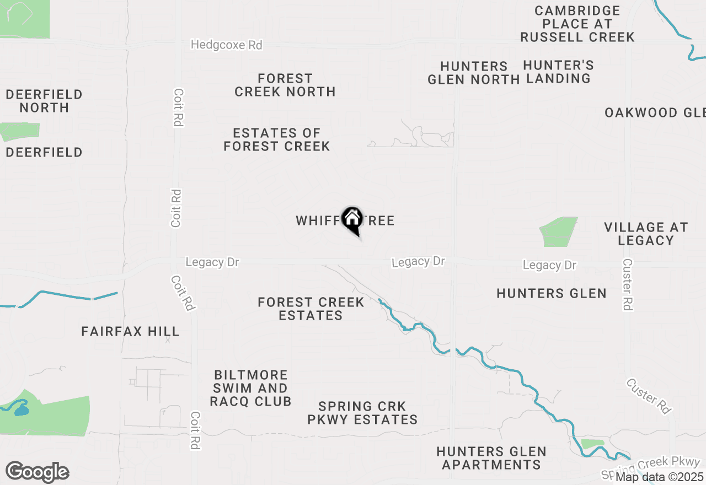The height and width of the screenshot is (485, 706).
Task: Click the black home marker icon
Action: point(352,219)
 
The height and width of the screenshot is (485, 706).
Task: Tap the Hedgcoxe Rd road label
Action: point(226,45)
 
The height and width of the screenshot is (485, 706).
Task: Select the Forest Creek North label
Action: point(285,85)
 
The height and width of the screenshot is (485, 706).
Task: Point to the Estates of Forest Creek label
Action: point(276,139)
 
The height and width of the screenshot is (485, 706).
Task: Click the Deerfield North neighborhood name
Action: point(44,101)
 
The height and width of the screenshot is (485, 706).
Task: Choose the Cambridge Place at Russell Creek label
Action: point(577,24)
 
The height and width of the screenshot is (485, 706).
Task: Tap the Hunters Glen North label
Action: point(474,73)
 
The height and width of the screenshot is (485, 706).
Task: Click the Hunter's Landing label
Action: point(558,72)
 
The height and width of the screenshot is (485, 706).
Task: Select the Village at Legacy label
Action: point(646,234)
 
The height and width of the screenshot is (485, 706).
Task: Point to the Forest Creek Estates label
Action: point(311,309)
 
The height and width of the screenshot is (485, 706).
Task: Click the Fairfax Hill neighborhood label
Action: point(130,331)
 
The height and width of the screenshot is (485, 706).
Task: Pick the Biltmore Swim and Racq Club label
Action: point(250,388)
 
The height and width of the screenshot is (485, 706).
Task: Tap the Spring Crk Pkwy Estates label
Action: point(362,413)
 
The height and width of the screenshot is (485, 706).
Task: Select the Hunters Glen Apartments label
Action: point(491,458)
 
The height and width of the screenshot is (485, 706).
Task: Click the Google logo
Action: point(37,472)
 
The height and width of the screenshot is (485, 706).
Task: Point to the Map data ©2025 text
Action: point(659,477)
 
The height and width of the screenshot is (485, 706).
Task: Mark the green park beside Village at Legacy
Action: point(559,231)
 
